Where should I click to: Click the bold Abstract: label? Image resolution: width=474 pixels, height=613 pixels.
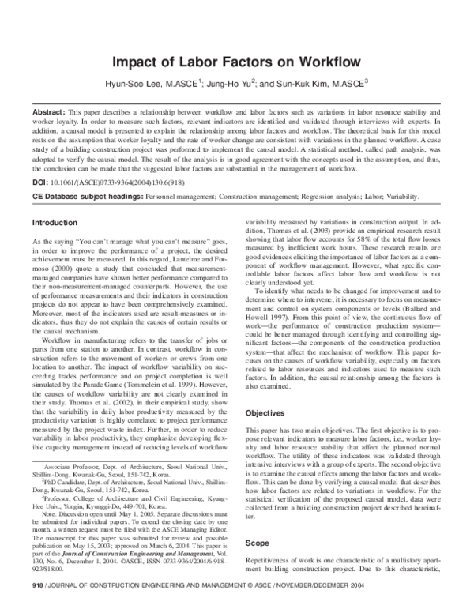tap(51, 103)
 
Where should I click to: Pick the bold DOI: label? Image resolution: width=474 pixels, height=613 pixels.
tap(42, 181)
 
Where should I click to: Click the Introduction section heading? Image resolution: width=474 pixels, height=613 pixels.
tap(55, 224)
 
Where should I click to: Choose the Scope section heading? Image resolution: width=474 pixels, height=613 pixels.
tap(257, 543)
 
